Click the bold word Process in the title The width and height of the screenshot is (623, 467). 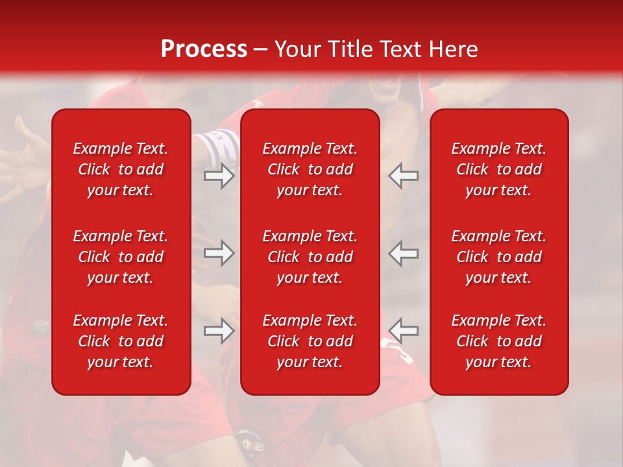(x=204, y=49)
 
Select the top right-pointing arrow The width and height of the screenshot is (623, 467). (x=219, y=176)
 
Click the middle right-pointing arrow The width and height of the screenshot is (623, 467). (x=219, y=253)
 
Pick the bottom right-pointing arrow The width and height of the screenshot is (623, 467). (x=219, y=331)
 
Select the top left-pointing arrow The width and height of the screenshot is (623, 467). (x=404, y=176)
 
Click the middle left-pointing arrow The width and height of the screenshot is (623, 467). (x=404, y=253)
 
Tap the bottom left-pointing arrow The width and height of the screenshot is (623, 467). (x=404, y=331)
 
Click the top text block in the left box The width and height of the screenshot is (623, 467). (x=121, y=169)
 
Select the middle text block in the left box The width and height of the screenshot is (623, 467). (x=121, y=257)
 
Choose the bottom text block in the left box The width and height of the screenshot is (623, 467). (x=121, y=341)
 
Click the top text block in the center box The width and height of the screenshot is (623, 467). (x=310, y=169)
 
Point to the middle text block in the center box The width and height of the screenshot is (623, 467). (x=310, y=257)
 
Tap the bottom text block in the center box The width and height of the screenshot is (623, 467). (x=310, y=341)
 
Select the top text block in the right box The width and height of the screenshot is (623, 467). (x=499, y=169)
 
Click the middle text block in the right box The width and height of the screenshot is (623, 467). (x=499, y=257)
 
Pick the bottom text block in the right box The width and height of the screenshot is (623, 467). (x=499, y=341)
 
